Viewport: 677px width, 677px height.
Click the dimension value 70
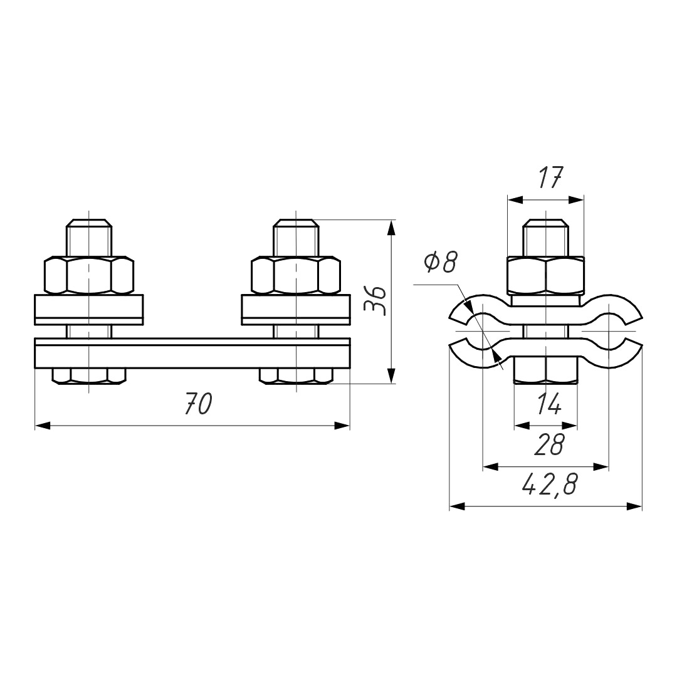[x=199, y=404]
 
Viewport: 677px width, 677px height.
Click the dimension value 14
[x=548, y=404]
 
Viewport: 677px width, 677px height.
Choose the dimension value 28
[x=549, y=444]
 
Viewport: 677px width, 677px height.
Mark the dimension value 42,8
[x=549, y=485]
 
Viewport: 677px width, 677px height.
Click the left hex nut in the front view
[x=89, y=275]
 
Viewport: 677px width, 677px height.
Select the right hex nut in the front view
[x=296, y=275]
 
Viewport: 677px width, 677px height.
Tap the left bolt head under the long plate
[x=89, y=376]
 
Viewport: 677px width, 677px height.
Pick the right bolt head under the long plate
[x=296, y=376]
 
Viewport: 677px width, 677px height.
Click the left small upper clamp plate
[x=89, y=310]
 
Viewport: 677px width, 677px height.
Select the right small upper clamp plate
[x=296, y=310]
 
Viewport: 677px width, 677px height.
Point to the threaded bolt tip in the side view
[x=546, y=238]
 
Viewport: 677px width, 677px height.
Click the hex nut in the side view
[x=546, y=276]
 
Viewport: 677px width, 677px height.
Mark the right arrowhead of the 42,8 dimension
[x=635, y=506]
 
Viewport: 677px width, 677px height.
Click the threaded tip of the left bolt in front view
[x=89, y=238]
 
